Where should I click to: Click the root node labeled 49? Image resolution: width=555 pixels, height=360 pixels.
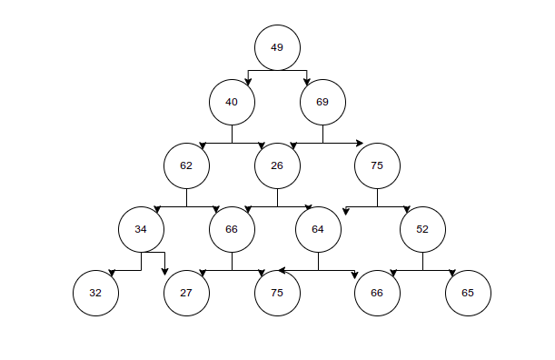[277, 47]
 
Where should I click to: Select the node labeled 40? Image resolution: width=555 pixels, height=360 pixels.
[232, 102]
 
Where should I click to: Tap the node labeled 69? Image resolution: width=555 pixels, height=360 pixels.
[322, 102]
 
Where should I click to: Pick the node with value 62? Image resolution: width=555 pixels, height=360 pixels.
[186, 165]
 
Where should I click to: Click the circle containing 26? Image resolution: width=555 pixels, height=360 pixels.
[277, 165]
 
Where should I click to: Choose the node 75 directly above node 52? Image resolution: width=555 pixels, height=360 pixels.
[377, 165]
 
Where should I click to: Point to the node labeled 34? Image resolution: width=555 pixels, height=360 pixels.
[141, 229]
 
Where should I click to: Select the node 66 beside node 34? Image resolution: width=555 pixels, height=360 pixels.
[232, 229]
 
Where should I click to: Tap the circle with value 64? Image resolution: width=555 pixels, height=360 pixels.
[318, 229]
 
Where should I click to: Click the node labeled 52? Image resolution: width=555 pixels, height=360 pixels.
[422, 229]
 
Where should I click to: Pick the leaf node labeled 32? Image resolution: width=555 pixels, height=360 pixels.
[95, 293]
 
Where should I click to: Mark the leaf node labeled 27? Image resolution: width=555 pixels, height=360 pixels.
[186, 293]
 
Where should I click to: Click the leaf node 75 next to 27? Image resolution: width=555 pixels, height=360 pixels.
[277, 293]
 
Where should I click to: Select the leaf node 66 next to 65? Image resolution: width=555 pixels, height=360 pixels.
[377, 293]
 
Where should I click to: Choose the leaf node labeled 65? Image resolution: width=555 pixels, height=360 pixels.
[468, 293]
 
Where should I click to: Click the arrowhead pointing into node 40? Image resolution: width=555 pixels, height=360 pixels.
[249, 82]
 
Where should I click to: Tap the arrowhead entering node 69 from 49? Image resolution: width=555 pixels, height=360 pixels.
[306, 82]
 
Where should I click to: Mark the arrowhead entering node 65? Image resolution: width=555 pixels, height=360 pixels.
[451, 272]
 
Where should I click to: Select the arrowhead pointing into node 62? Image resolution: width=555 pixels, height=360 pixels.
[203, 145]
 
